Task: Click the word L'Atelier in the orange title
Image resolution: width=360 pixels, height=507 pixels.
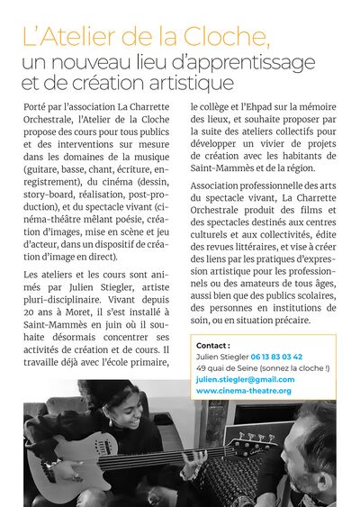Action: pos(63,39)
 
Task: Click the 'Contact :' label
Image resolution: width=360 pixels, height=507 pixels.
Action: pos(212,345)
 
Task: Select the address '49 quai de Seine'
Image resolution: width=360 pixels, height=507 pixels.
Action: pos(228,368)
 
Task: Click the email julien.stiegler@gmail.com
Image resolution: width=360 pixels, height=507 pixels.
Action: pos(245,380)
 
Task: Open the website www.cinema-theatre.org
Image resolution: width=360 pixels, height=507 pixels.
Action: pos(243,392)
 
